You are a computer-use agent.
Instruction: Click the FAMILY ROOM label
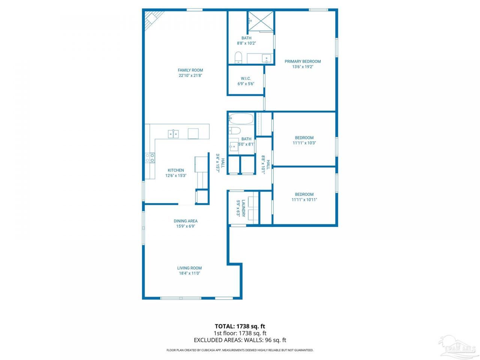click(x=190, y=70)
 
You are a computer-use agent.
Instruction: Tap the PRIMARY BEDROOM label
click(x=303, y=61)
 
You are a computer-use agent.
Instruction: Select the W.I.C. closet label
click(x=246, y=78)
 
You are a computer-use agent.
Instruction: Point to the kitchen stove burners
click(x=150, y=158)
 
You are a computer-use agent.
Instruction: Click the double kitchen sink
click(x=173, y=134)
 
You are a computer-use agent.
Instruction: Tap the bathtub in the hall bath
click(x=241, y=119)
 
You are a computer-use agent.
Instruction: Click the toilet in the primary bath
click(x=238, y=57)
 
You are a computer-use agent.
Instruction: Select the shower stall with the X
click(x=261, y=21)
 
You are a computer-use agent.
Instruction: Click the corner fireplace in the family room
click(x=153, y=19)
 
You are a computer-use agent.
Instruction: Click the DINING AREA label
click(x=186, y=221)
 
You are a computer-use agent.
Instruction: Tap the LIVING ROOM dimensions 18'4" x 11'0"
click(x=189, y=273)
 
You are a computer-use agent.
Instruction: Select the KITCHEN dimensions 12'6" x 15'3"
click(x=176, y=175)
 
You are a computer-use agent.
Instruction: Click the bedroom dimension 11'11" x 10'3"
click(x=304, y=143)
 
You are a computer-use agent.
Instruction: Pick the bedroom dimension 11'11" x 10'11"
click(x=304, y=199)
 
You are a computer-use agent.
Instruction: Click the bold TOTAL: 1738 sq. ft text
click(x=240, y=326)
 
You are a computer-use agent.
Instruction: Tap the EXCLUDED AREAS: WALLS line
click(x=240, y=340)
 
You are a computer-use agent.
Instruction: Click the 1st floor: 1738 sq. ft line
click(x=240, y=333)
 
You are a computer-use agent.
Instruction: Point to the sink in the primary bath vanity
click(x=267, y=58)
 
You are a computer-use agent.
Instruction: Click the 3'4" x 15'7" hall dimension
click(x=218, y=163)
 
